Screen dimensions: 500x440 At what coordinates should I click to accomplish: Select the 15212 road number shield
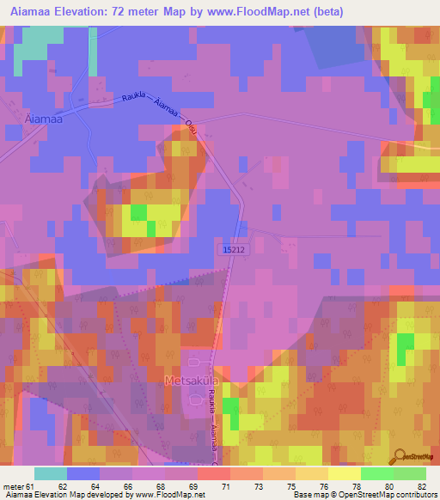click(x=232, y=249)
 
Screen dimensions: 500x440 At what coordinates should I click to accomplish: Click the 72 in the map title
click(x=130, y=11)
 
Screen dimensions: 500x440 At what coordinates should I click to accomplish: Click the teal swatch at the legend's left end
click(x=50, y=473)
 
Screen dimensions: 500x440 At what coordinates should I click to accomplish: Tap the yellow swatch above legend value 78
click(x=344, y=473)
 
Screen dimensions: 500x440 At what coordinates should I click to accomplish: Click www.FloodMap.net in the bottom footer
click(x=169, y=495)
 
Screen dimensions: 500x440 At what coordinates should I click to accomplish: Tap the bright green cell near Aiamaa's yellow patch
click(x=137, y=211)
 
